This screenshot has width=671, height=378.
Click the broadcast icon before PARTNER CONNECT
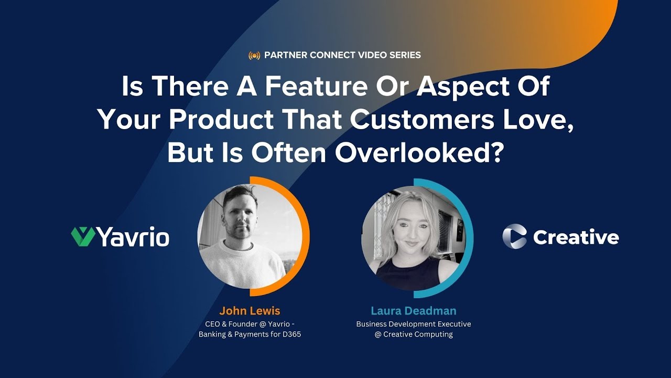pyautogui.click(x=254, y=55)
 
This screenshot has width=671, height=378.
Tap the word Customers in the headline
pyautogui.click(x=421, y=120)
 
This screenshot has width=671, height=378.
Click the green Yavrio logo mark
pyautogui.click(x=83, y=237)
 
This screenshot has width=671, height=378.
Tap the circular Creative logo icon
pyautogui.click(x=514, y=236)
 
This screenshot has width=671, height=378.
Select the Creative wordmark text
pyautogui.click(x=576, y=237)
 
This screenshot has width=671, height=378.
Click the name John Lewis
pyautogui.click(x=250, y=310)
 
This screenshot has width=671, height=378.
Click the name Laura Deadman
pyautogui.click(x=413, y=310)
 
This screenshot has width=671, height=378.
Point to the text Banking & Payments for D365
pyautogui.click(x=250, y=334)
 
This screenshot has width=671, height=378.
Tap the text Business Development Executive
pyautogui.click(x=413, y=324)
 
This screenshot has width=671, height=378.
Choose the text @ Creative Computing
pyautogui.click(x=413, y=334)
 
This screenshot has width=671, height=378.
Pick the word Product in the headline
pyautogui.click(x=221, y=120)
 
